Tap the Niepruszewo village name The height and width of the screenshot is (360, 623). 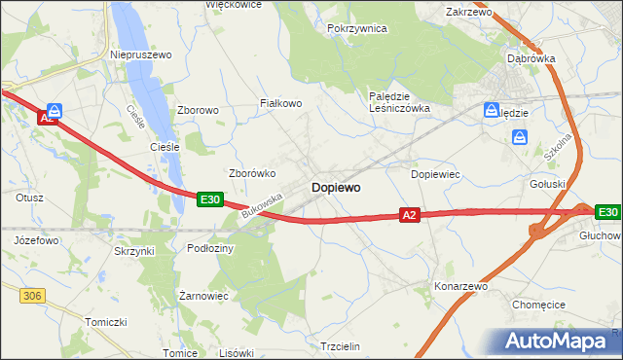click(x=141, y=55)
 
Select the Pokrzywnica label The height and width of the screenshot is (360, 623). click(x=357, y=29)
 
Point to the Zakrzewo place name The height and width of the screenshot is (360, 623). click(x=468, y=13)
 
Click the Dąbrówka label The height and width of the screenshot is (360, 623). click(x=531, y=58)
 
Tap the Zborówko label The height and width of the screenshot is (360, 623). click(x=252, y=173)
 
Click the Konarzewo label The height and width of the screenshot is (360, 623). click(x=460, y=287)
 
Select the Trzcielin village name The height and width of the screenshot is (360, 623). click(x=341, y=346)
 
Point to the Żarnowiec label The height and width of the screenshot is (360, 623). click(x=203, y=295)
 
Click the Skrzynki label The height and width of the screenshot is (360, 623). click(x=133, y=251)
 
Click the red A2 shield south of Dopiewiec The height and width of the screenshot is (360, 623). click(x=409, y=215)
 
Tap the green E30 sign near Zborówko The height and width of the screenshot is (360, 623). click(x=210, y=198)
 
